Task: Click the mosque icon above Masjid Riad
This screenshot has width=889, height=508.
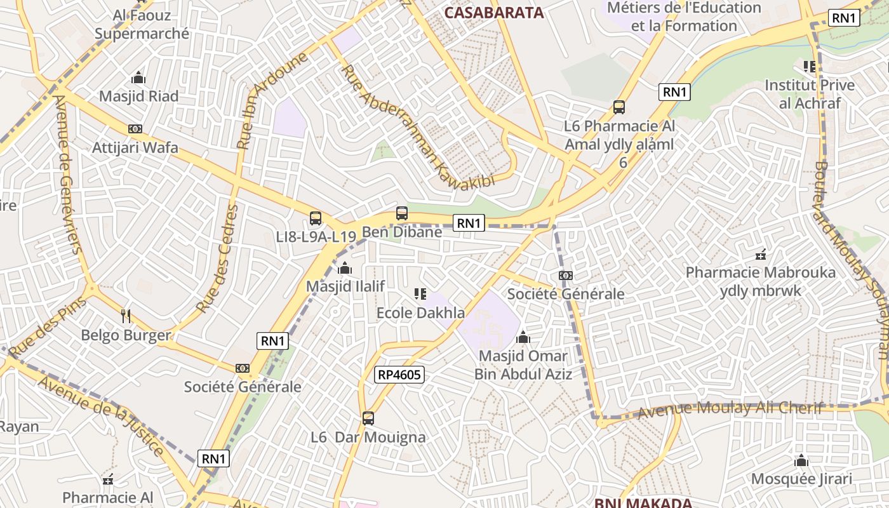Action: (x=138, y=78)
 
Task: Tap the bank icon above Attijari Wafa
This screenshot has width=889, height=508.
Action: (x=135, y=129)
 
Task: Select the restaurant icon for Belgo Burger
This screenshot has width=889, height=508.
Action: (x=126, y=316)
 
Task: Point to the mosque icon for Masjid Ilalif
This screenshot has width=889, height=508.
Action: (x=345, y=268)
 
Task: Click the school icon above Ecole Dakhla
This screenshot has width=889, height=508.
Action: (x=420, y=294)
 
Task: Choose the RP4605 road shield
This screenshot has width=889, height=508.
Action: (x=399, y=375)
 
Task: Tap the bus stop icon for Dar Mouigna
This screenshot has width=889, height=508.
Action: (x=368, y=418)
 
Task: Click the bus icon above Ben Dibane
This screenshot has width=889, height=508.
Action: (x=402, y=213)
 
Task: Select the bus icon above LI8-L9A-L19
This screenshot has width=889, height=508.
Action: (x=316, y=218)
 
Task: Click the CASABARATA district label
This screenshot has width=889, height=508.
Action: (x=494, y=13)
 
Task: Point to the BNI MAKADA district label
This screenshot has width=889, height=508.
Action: (x=643, y=503)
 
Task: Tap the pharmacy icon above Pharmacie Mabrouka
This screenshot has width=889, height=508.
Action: (x=761, y=255)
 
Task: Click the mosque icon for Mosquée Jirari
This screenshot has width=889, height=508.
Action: (x=801, y=460)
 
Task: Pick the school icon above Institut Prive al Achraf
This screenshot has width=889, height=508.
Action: (x=809, y=66)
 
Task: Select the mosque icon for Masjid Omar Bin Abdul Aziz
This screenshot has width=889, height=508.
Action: (x=523, y=337)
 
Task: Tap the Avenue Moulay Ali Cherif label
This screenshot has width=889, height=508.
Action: (x=730, y=408)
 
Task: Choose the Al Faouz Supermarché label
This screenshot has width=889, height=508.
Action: (x=142, y=24)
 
